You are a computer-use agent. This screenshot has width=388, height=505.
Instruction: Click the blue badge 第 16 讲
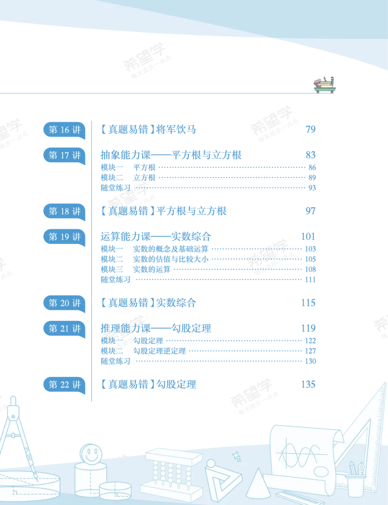coord(65,130)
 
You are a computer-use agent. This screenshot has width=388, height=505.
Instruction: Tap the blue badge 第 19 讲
coord(65,237)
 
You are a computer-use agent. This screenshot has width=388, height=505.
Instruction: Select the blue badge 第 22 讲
coord(65,385)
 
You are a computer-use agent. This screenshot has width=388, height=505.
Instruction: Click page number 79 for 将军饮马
coord(310,130)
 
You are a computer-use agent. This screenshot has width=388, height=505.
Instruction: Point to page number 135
coord(308,384)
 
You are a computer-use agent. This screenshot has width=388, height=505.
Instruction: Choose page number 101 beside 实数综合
coord(308,237)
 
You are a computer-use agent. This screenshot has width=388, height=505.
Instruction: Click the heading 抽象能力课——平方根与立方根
coord(171,155)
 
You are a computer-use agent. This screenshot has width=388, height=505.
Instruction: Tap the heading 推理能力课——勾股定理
coord(156,329)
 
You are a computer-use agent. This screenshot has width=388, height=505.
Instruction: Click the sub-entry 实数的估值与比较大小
coord(171,259)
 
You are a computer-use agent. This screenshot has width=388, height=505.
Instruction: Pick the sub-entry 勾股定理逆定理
coord(160,351)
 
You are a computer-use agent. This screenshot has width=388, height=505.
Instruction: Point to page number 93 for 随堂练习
coord(312,188)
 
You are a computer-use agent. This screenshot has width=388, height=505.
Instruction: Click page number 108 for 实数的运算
coord(310,269)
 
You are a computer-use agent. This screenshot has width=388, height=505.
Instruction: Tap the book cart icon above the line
coord(324,84)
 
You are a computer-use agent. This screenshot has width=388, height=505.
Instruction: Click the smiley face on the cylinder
coord(91,454)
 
